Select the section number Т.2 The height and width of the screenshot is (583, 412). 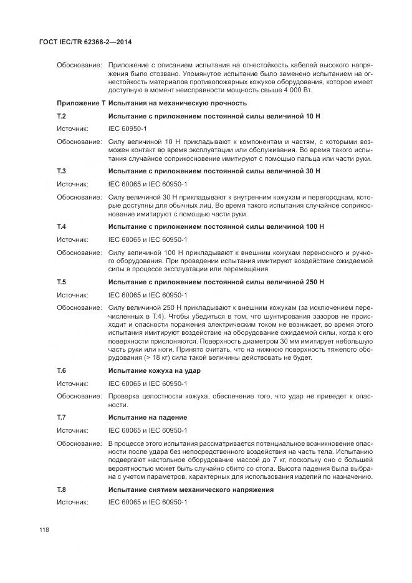point(62,117)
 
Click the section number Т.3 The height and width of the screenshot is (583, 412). point(62,171)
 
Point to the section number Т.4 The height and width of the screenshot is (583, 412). point(62,226)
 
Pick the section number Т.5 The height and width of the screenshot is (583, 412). point(62,282)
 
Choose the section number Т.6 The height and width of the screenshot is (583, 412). point(62,370)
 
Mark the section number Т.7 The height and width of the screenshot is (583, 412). point(62,417)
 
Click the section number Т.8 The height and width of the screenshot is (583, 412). point(62,489)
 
